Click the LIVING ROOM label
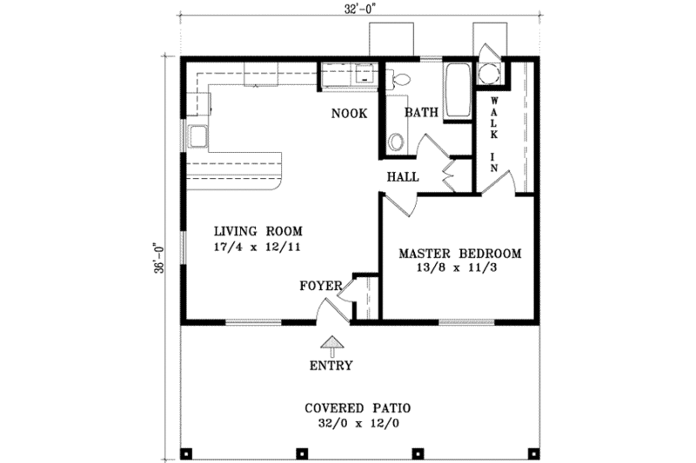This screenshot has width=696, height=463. pyautogui.click(x=258, y=231)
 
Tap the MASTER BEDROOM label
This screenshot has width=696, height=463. pyautogui.click(x=459, y=254)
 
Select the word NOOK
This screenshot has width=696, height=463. pyautogui.click(x=349, y=114)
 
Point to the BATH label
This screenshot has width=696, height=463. pyautogui.click(x=420, y=113)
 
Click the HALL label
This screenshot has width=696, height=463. pyautogui.click(x=403, y=176)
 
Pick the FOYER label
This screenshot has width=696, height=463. pyautogui.click(x=319, y=285)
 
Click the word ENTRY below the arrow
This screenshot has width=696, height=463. pyautogui.click(x=331, y=366)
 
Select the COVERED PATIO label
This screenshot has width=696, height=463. pyautogui.click(x=357, y=407)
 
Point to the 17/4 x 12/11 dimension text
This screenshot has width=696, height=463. pyautogui.click(x=258, y=247)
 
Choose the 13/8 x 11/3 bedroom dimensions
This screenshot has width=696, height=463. pyautogui.click(x=459, y=269)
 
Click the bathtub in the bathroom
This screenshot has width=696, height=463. pyautogui.click(x=456, y=91)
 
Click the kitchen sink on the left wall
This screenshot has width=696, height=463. pyautogui.click(x=197, y=136)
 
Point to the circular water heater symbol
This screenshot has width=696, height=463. pyautogui.click(x=489, y=75)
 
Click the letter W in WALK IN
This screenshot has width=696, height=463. pyautogui.click(x=493, y=102)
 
